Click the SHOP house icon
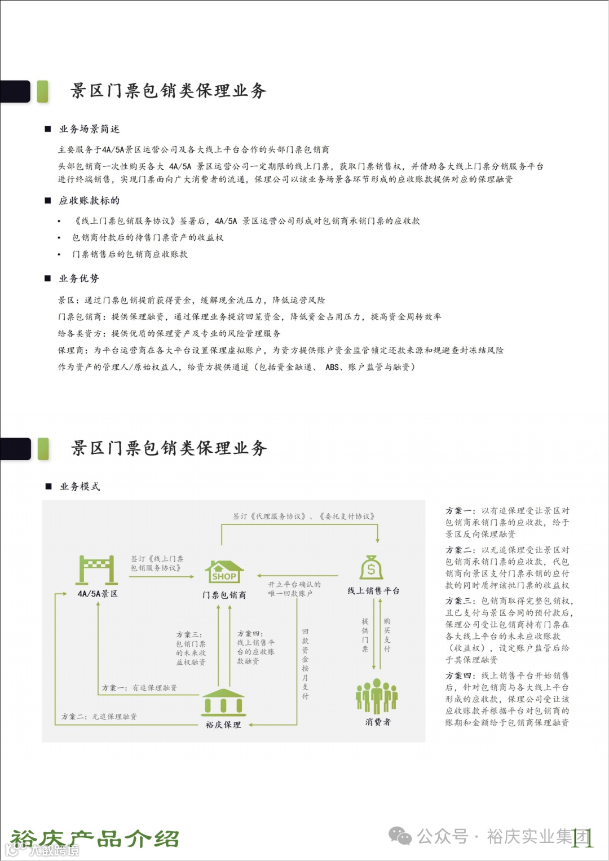pos(224,572)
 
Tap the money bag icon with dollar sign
pos(371,567)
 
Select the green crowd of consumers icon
pos(377,696)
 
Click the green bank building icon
pos(223,701)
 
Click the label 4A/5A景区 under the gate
pos(98,594)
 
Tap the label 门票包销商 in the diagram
pos(224,595)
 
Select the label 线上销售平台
pos(373,590)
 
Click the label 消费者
pos(377,722)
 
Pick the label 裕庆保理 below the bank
pos(223,725)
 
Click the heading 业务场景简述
pos(89,129)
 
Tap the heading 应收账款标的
pos(89,201)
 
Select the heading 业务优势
pos(79,279)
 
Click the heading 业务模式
pos(80,487)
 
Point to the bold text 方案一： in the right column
pos(460,511)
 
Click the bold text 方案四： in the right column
pos(460,675)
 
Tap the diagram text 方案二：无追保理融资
pos(99,717)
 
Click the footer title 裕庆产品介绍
pos(95,838)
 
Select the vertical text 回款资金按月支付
pos(305,664)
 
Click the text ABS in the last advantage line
pos(332,367)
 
